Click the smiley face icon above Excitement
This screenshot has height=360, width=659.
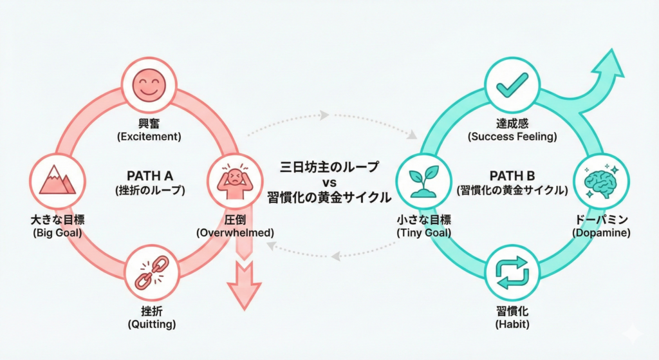point(149,84)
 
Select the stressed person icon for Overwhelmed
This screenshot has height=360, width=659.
point(234,179)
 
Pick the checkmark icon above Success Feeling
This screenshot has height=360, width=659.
point(512,84)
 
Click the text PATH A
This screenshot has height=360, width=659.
point(150,175)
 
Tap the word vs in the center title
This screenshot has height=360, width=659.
point(331,182)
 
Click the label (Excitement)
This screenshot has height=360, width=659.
point(149,137)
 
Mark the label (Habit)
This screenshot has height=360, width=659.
point(512,324)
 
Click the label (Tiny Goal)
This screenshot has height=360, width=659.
point(423,232)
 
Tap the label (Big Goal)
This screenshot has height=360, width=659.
point(57,232)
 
